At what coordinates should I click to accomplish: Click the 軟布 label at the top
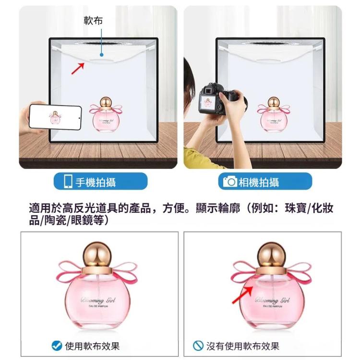point(93,21)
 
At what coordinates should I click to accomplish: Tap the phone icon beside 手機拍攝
point(69,182)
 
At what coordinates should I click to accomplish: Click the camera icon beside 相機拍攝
point(230,182)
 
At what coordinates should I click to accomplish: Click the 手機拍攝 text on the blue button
point(96,182)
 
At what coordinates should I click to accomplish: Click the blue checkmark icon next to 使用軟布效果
point(57,346)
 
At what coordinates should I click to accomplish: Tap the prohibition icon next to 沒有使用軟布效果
point(198,346)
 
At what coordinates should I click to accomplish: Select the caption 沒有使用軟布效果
point(243,346)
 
